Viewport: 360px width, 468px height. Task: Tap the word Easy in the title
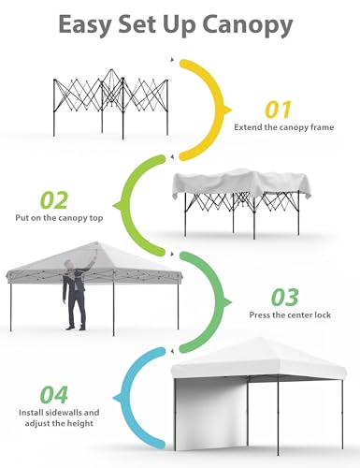(84, 24)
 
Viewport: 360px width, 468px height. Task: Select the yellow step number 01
(278, 110)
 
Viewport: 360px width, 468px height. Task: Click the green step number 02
(54, 200)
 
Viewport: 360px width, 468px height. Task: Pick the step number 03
(284, 298)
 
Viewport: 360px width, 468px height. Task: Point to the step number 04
(54, 395)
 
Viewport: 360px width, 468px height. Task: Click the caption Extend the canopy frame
(284, 127)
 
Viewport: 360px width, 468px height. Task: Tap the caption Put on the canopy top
(59, 217)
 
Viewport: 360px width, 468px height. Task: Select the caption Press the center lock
(290, 314)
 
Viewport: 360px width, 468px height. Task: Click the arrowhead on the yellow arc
(227, 110)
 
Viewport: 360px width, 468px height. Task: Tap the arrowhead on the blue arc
(118, 398)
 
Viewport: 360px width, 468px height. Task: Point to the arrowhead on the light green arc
(118, 206)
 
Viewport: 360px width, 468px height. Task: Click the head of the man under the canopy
(68, 266)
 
